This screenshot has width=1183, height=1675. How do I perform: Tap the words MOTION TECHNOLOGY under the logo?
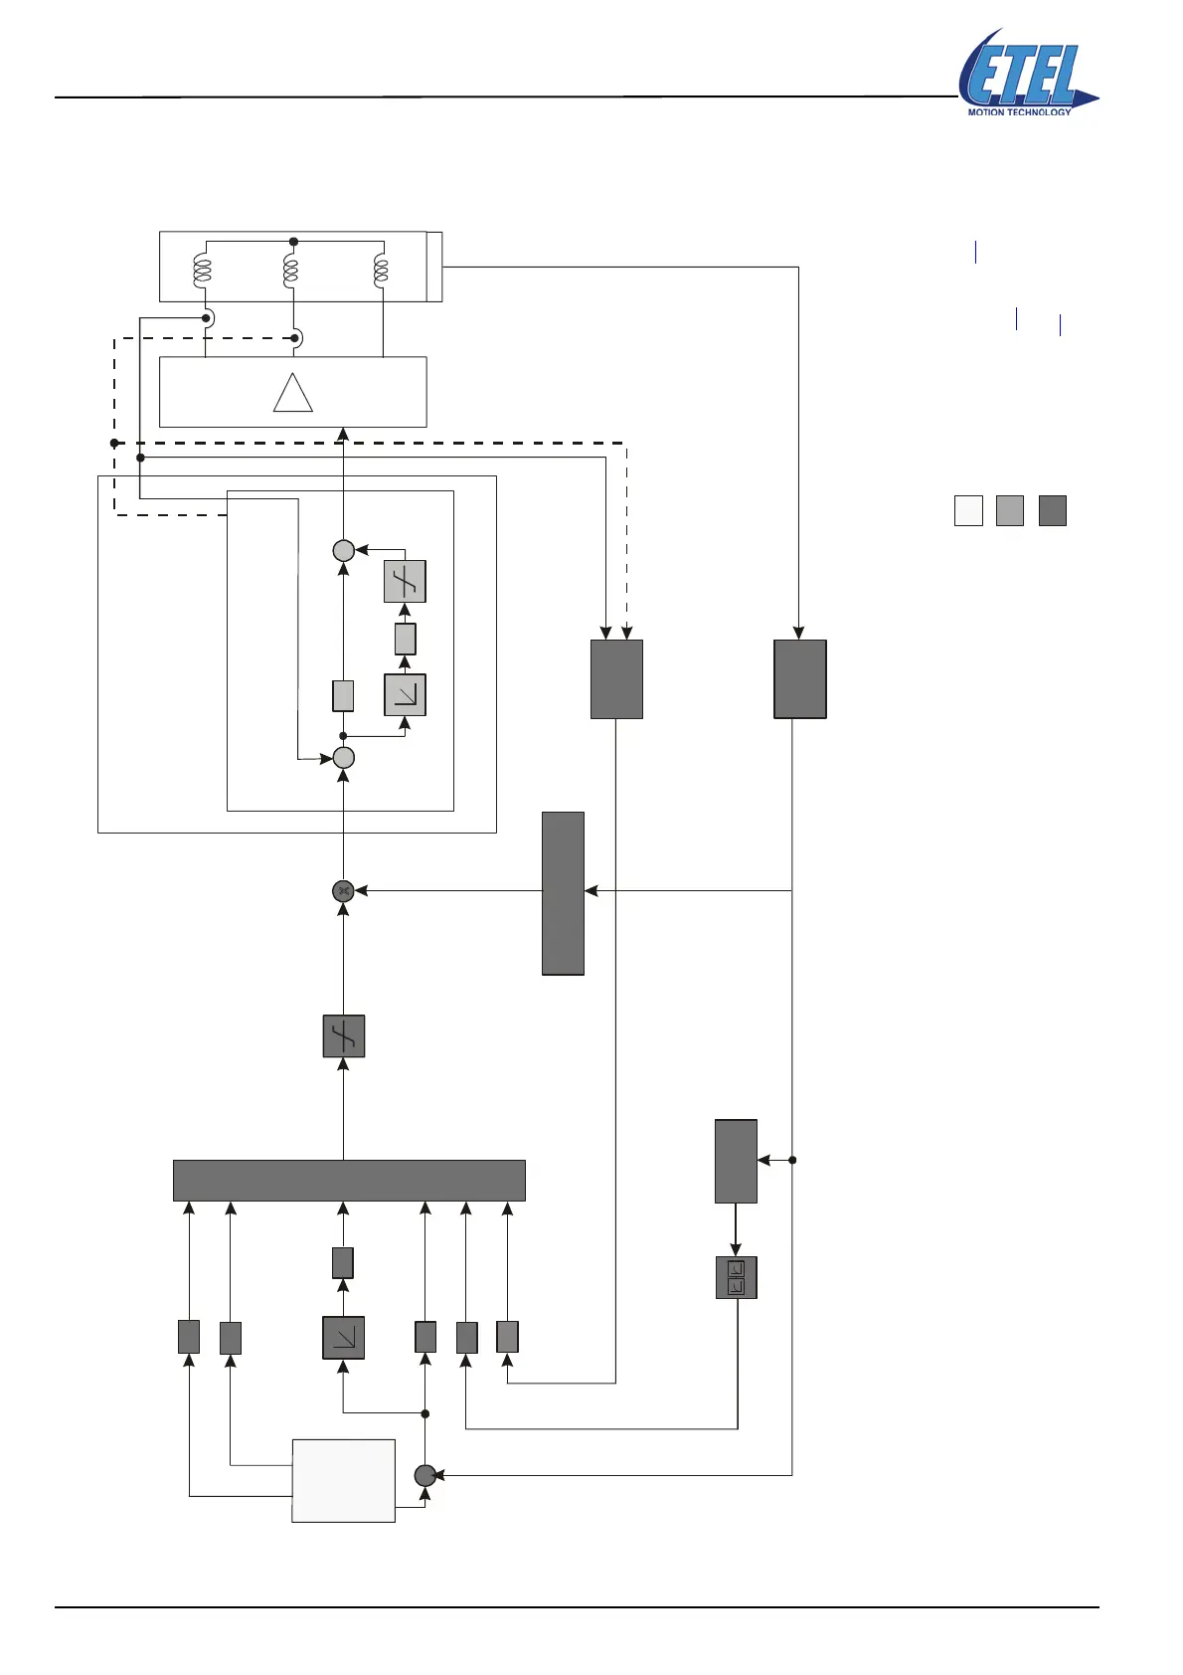coord(1019,112)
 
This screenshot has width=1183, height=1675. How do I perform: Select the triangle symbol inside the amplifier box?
coord(293,393)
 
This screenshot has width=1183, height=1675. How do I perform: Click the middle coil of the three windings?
coord(291,269)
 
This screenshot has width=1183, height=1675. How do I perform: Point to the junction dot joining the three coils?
coord(293,242)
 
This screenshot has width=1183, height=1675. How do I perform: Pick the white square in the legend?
coord(968,510)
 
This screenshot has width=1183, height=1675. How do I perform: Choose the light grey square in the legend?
coord(1010,510)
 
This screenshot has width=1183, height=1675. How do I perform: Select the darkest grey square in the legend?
coord(1052,510)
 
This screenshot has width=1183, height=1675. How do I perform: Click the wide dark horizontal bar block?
coord(349,1181)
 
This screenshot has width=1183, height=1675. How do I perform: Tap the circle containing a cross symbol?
coord(343,891)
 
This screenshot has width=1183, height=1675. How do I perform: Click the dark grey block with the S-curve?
coord(344,1035)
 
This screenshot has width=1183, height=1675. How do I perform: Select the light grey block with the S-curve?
coord(406,582)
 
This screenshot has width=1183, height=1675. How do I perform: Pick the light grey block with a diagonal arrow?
coord(406,695)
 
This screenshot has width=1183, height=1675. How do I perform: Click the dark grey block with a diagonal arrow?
coord(343,1338)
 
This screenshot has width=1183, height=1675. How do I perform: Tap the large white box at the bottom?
coord(343,1480)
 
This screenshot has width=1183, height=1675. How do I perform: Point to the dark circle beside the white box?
coord(424,1475)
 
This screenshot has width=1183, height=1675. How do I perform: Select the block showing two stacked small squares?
coord(736,1278)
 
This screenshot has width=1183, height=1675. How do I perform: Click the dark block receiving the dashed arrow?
coord(616,679)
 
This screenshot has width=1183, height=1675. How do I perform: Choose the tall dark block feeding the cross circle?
coord(563,893)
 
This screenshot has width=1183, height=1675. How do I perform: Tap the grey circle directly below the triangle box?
coord(343,550)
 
